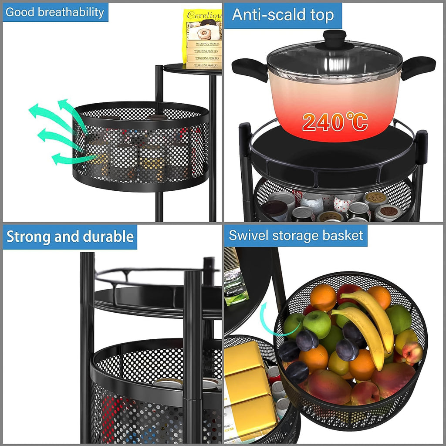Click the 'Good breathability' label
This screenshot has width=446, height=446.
[55, 12]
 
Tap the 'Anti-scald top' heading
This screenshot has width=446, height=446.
[283, 15]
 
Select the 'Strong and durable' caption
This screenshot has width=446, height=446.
[70, 237]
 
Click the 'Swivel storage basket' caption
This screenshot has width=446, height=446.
[296, 236]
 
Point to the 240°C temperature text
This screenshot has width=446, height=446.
[335, 122]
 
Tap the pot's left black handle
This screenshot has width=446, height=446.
[249, 69]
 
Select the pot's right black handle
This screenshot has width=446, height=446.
[419, 67]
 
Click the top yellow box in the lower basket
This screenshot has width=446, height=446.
[243, 358]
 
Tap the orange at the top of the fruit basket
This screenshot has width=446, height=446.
[323, 297]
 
